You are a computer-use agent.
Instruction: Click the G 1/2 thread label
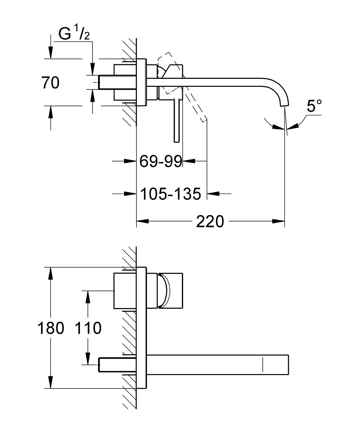[x=74, y=35]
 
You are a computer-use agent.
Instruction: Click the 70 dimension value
[x=51, y=83]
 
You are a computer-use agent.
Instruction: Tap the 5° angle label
[x=314, y=107]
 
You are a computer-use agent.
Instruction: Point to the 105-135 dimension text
[x=171, y=194]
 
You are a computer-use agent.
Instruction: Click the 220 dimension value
[x=210, y=222]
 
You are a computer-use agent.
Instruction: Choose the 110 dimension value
[x=88, y=328]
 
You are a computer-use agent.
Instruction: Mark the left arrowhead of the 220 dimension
[x=142, y=222]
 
